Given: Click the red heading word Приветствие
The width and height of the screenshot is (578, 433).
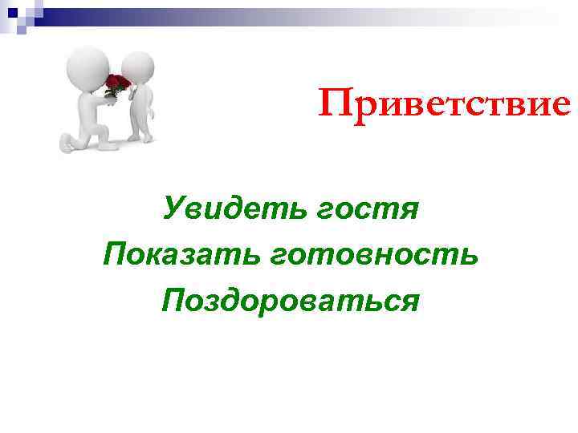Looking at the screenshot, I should [x=444, y=103].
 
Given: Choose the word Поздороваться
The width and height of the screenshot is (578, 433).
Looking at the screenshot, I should [x=290, y=301].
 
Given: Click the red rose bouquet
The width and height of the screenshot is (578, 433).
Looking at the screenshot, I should [x=118, y=85].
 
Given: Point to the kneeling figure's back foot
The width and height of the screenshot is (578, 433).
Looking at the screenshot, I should [x=67, y=144].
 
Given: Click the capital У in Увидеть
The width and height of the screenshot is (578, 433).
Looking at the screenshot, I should [x=173, y=209].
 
